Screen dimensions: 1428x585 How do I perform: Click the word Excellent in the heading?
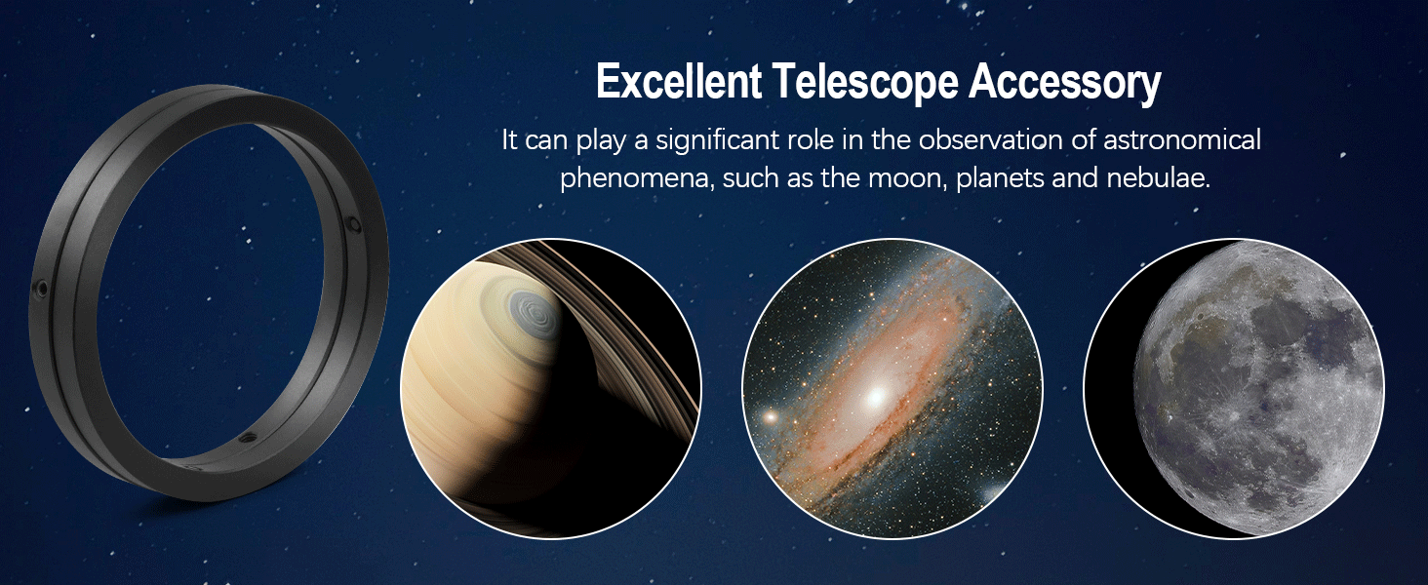[x=679, y=81]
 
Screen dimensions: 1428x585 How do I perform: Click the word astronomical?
[x=1182, y=140]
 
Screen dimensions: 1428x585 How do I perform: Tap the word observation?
[x=991, y=140]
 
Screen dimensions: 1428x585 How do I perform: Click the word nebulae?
[x=1159, y=178]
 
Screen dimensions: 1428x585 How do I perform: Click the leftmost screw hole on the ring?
[x=41, y=288]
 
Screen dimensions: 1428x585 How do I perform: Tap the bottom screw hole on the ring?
[x=247, y=437]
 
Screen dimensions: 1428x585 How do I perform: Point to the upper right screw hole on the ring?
[x=352, y=224]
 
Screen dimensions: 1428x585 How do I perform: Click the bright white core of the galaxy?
[x=876, y=397]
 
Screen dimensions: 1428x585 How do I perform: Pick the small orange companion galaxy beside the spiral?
[x=771, y=417]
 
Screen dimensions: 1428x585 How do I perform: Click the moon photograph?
[x=1234, y=389]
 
